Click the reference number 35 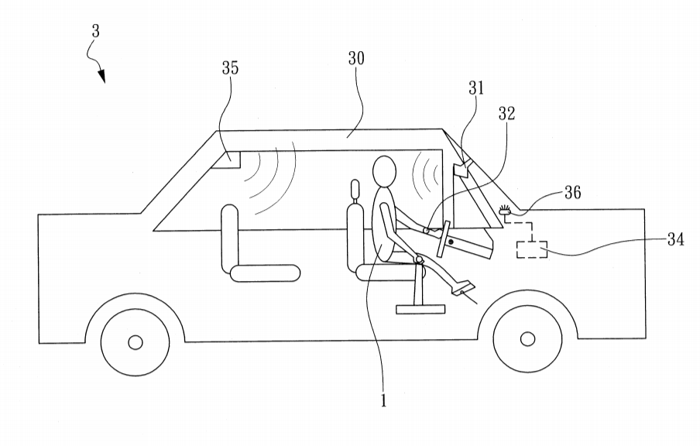coord(229,68)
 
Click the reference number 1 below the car coord(383,401)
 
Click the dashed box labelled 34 coord(531,250)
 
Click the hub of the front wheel coord(527,339)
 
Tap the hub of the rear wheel coord(136,341)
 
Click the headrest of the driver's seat coord(356,188)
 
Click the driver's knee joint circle coord(419,261)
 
